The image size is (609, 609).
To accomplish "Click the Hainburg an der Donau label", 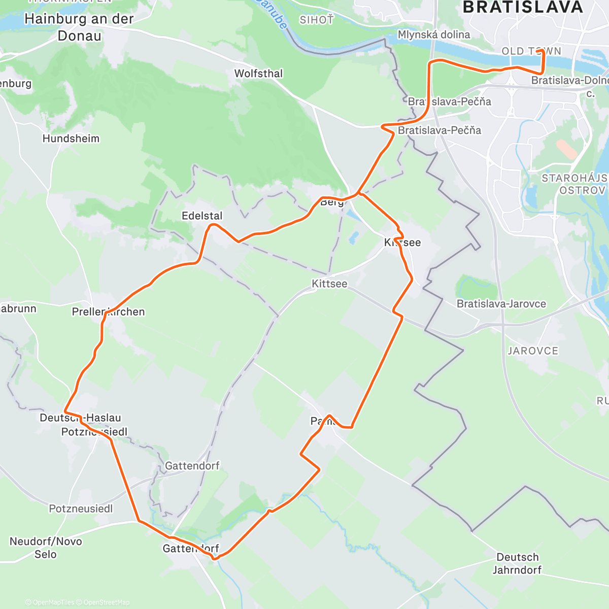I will [x=79, y=27].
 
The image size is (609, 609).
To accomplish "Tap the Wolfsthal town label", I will [x=258, y=74].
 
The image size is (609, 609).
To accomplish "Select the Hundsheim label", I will [x=71, y=139].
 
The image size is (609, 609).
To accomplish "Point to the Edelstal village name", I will [x=202, y=216].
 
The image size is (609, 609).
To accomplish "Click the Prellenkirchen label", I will [x=108, y=312].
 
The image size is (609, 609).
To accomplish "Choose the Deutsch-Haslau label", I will [x=81, y=418].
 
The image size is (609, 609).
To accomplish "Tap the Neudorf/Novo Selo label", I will [x=46, y=548].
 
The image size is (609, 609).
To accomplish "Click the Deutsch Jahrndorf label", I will [x=517, y=563].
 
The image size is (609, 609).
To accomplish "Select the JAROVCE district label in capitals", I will [x=532, y=351].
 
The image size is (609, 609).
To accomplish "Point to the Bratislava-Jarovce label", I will [x=501, y=304].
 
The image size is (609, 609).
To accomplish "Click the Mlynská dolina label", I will [x=434, y=35].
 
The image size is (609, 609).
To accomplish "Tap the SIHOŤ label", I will [x=317, y=20].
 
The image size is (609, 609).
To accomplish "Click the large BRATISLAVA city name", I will [x=523, y=7].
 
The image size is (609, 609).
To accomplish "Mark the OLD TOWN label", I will [x=531, y=51].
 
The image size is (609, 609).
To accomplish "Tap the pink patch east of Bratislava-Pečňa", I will [x=566, y=149].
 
